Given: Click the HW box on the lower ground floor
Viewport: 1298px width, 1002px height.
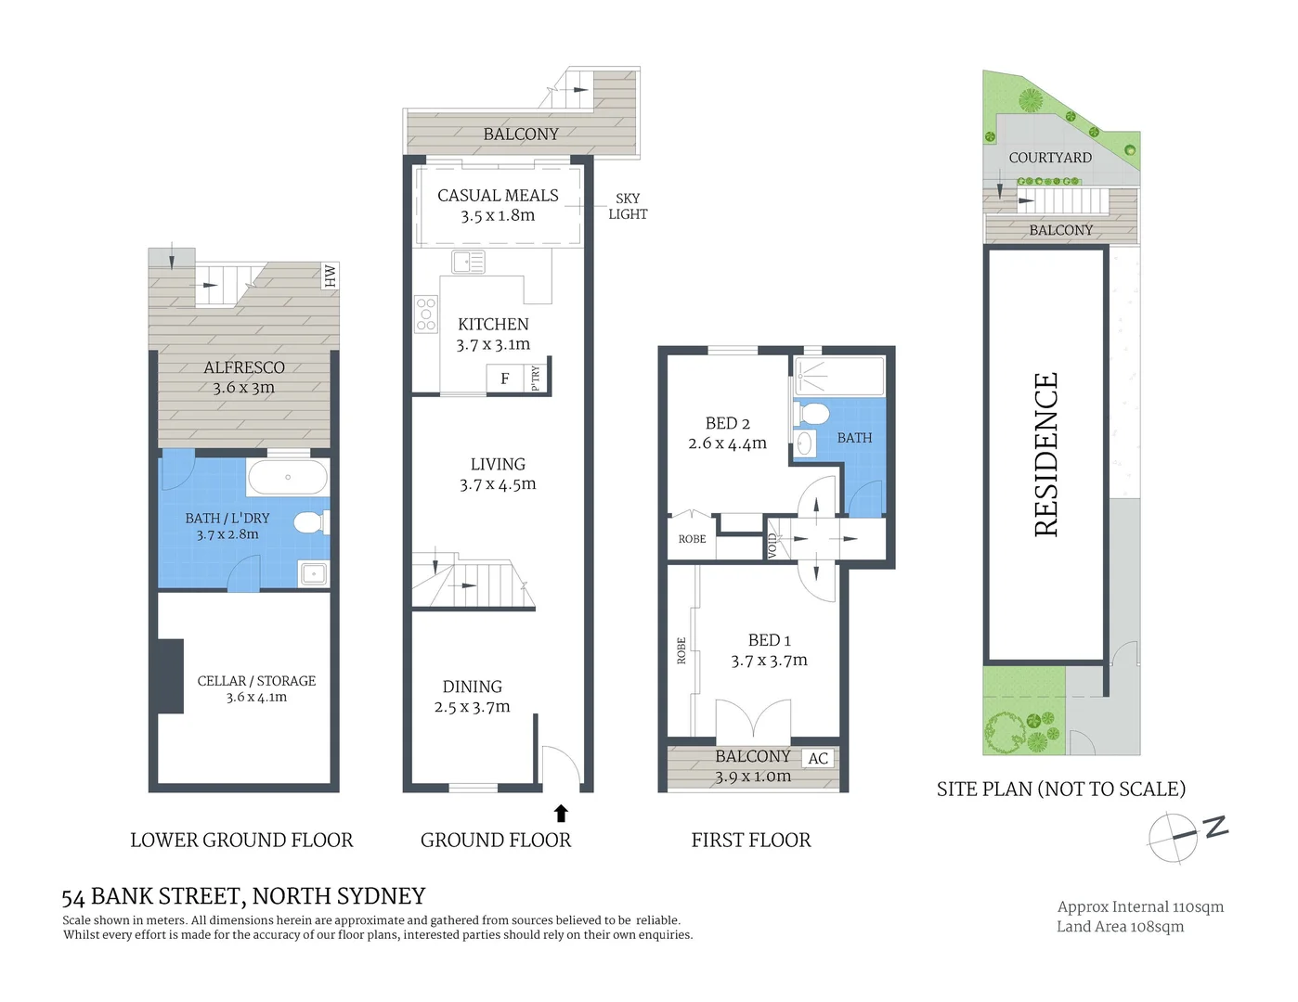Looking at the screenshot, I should [330, 276].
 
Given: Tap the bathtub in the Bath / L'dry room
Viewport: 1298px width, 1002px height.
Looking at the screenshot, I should [287, 477].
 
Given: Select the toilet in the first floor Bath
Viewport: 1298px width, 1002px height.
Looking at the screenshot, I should [812, 414].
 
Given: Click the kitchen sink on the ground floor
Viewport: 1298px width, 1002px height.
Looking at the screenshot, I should [468, 262].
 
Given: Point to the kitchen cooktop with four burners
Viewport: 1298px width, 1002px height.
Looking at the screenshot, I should [426, 315].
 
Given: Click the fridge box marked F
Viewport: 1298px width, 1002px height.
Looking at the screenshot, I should [504, 379].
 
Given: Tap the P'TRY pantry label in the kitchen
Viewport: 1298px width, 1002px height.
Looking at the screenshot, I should [537, 378].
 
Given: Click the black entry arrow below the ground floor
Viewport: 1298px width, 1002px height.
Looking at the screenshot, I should [561, 814].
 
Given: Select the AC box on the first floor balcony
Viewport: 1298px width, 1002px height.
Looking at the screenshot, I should [818, 758].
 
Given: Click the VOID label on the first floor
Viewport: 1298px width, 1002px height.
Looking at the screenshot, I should [772, 545].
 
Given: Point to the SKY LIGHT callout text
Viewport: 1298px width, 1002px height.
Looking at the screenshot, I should [628, 206].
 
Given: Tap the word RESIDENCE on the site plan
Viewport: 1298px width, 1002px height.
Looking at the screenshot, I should [1045, 455].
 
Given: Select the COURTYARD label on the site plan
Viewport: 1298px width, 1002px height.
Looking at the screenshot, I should [1050, 158].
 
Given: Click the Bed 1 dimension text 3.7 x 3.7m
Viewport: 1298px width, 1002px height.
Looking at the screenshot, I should [769, 661].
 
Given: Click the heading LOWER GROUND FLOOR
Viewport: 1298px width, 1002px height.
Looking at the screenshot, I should [241, 841].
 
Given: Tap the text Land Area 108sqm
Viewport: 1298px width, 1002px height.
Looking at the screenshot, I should [1120, 927].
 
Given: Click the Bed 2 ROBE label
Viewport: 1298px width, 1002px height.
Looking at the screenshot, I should [692, 539].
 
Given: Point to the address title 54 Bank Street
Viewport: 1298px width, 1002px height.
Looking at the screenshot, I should [243, 896].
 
